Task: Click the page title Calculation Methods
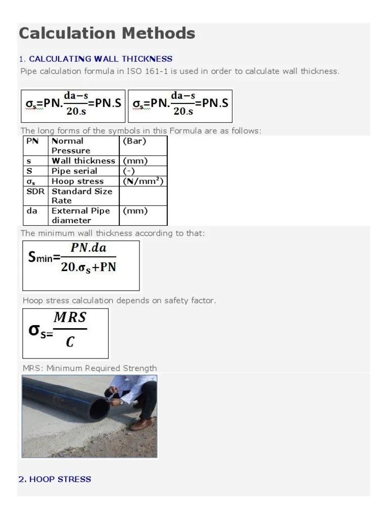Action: [x=107, y=33]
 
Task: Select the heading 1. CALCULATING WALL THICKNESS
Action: [x=95, y=59]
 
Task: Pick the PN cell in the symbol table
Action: [x=32, y=141]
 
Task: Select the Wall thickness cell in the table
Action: [x=83, y=161]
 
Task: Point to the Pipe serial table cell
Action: [x=74, y=171]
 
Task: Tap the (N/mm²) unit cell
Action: [x=143, y=181]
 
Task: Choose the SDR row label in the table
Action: [x=34, y=191]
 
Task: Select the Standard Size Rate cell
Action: [x=81, y=196]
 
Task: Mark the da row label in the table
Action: [x=32, y=211]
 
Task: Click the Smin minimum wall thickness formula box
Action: [x=81, y=266]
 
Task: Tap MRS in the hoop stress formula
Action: [x=70, y=318]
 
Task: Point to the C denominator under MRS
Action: [x=70, y=342]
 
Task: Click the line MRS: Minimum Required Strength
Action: [x=89, y=368]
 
